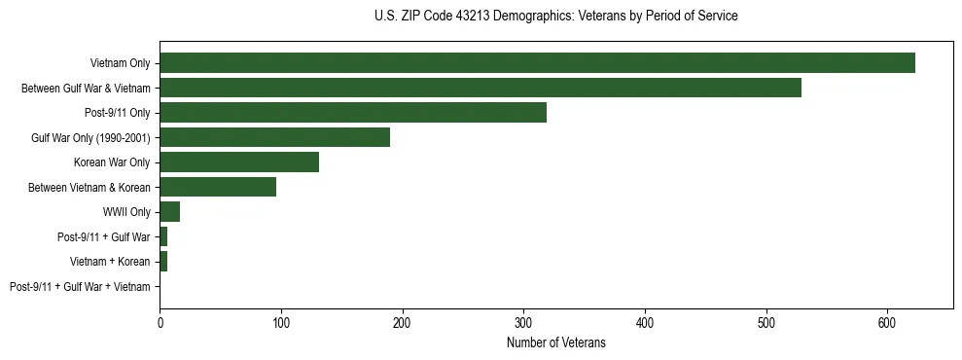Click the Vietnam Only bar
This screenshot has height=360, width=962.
(537, 63)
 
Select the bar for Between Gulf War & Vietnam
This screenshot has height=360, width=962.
(481, 89)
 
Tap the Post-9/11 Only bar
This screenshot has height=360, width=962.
(353, 113)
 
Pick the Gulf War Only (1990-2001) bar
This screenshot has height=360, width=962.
(274, 137)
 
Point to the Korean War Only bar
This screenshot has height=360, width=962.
(239, 162)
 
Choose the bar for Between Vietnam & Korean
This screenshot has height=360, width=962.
(218, 187)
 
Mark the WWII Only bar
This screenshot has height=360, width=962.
(169, 212)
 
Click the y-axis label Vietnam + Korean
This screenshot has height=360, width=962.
(110, 262)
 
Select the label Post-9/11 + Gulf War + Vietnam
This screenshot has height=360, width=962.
(80, 287)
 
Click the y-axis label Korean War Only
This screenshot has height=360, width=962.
(112, 162)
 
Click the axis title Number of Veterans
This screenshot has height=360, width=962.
(555, 342)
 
